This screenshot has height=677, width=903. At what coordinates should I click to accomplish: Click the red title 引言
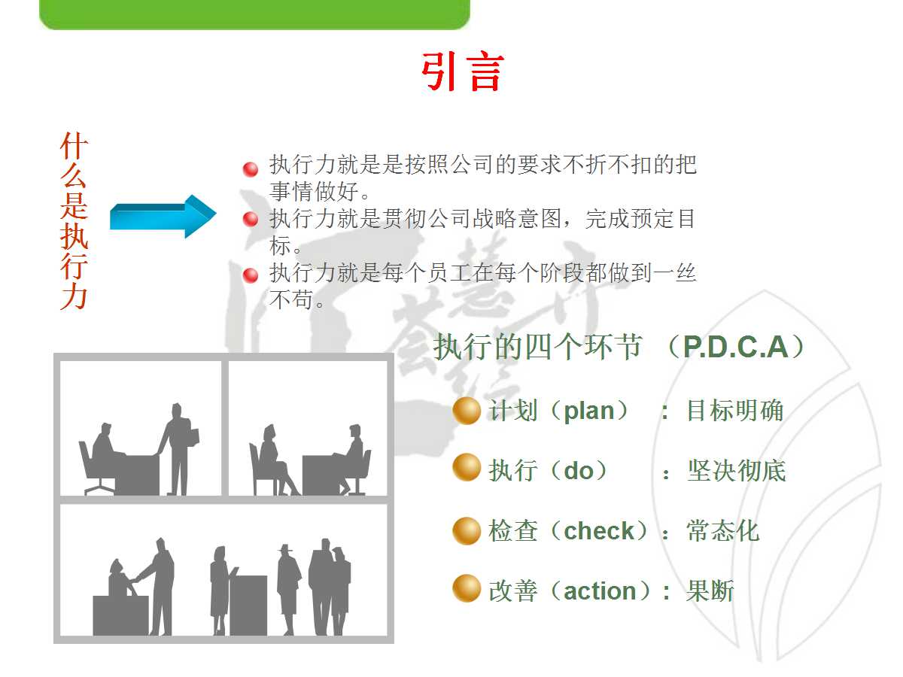pos(462,72)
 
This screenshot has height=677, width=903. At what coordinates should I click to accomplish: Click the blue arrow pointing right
pos(163,217)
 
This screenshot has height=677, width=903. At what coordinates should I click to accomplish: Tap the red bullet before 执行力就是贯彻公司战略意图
pos(251,220)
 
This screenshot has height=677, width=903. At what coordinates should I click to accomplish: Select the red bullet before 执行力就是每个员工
pos(251,275)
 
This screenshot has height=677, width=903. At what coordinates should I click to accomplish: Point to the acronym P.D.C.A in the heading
pos(735,347)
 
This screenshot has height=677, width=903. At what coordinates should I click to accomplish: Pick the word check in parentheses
pos(599,531)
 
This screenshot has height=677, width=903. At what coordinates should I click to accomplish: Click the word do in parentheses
pos(579,471)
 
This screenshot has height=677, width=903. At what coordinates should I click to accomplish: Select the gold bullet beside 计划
pos(467,411)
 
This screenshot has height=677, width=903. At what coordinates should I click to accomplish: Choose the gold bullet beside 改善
pos(467,589)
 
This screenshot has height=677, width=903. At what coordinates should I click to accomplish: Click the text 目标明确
pos(734,411)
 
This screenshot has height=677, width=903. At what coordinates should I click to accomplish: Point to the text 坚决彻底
pos(736,471)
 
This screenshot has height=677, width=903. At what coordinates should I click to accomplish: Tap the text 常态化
pos(722,531)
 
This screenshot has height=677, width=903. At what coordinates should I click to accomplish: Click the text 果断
pos(710,591)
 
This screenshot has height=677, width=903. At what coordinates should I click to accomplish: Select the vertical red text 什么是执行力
pos(74,222)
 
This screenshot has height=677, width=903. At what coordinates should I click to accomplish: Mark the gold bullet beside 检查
pos(467,530)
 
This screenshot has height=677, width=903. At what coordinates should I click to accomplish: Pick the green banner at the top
pos(254,14)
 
